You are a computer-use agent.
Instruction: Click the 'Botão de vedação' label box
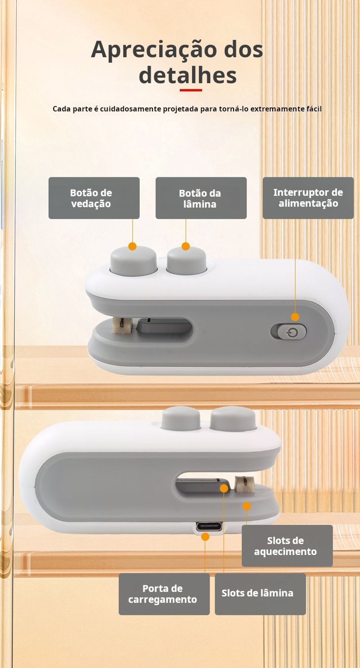(x=94, y=198)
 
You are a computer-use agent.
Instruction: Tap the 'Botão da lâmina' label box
(x=201, y=198)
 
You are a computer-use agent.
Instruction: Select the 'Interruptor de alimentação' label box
(x=308, y=198)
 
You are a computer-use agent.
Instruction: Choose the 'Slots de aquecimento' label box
(x=287, y=546)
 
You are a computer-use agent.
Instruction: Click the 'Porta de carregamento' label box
(x=164, y=594)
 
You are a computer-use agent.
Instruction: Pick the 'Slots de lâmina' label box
(x=260, y=594)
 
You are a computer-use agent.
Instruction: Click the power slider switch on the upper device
(x=288, y=332)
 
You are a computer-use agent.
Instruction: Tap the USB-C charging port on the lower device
(x=209, y=526)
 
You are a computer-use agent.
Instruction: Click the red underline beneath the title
(x=191, y=90)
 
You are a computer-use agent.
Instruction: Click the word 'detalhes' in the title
(x=188, y=75)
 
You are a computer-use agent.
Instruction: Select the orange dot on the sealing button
(x=133, y=246)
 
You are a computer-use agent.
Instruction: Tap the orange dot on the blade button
(x=186, y=246)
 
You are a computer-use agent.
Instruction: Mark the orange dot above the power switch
(x=295, y=317)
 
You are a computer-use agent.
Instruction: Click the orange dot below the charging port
(x=205, y=537)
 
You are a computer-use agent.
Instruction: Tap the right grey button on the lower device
(x=233, y=418)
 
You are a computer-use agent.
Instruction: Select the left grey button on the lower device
(x=181, y=419)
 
